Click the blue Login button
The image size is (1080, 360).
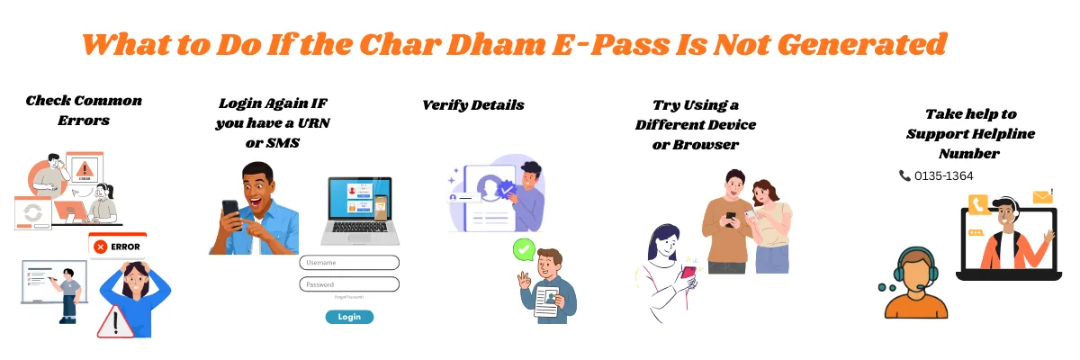coord(349,317)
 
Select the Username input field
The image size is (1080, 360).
coord(349,263)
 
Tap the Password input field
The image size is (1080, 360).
coord(349,284)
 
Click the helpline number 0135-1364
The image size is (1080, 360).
coord(943,176)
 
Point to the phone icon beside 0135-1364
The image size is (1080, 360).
coord(904,176)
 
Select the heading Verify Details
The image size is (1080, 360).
coord(473,105)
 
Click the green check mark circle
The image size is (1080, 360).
coord(523,247)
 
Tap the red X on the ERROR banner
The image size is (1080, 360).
coord(101,246)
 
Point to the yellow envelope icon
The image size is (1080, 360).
coord(1042,196)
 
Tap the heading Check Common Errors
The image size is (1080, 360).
coord(84,110)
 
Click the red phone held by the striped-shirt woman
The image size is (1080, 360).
coord(688,273)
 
